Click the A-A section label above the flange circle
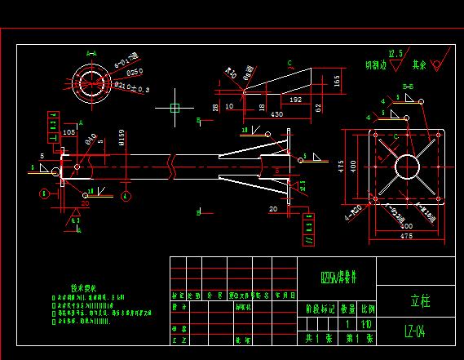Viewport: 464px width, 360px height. tap(92, 53)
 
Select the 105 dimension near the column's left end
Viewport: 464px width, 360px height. tap(68, 131)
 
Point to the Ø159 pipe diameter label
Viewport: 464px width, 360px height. tap(121, 136)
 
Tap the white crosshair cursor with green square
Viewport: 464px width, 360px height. tap(174, 107)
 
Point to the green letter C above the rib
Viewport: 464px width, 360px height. tap(289, 62)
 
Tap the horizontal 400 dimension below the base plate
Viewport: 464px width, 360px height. tap(405, 224)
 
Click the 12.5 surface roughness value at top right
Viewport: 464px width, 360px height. tap(396, 53)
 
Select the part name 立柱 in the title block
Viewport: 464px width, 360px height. tap(418, 300)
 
